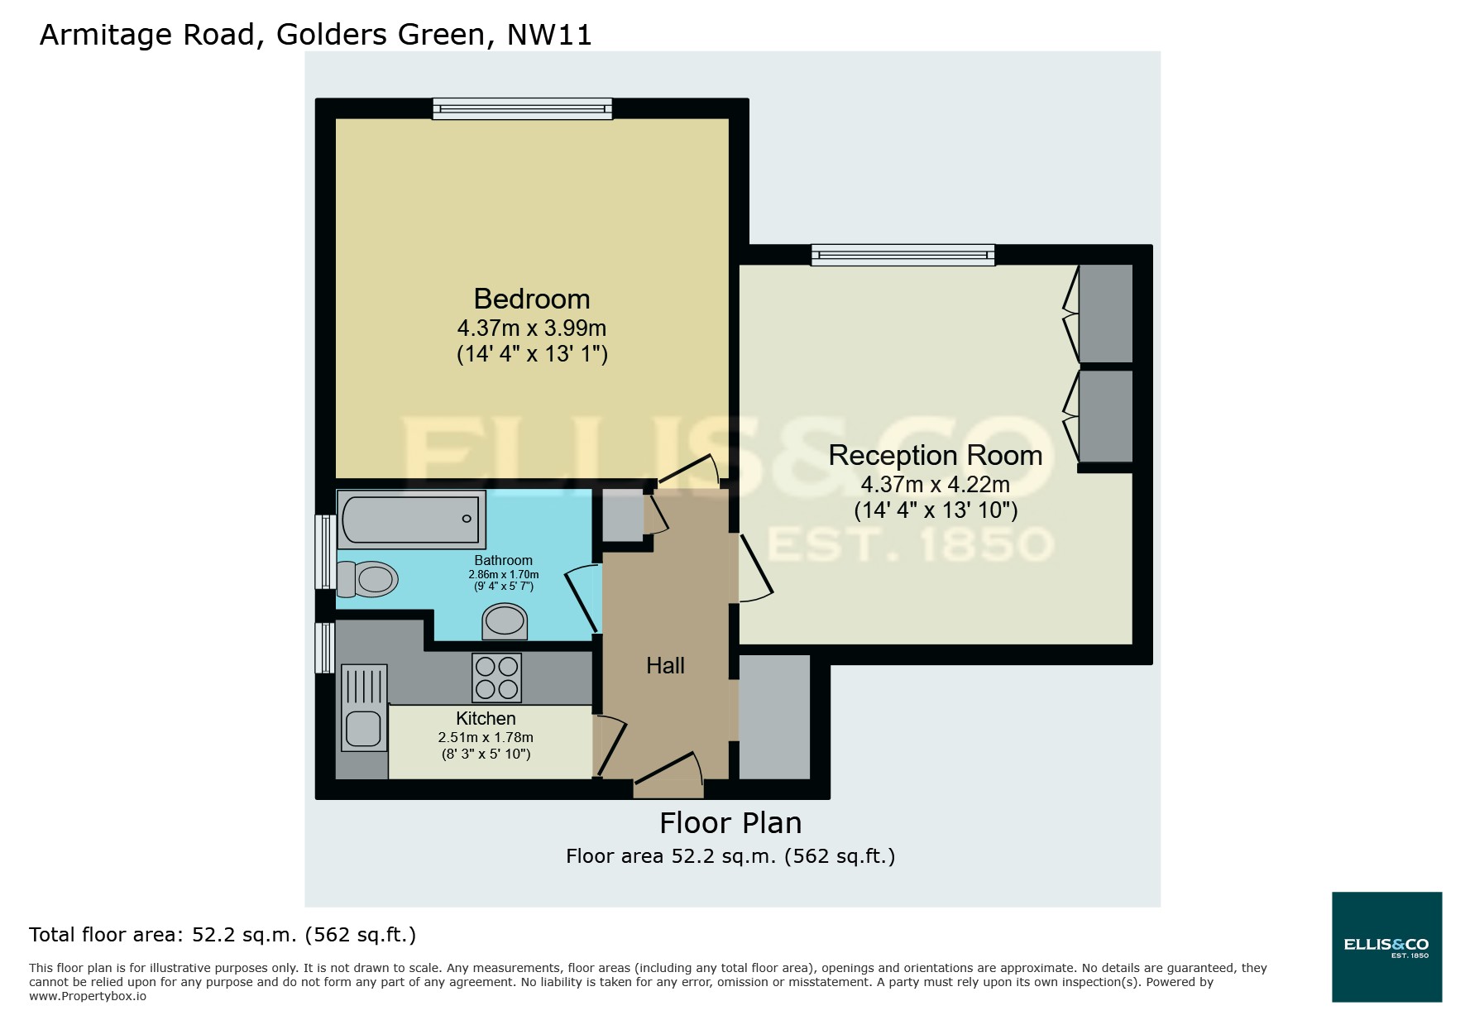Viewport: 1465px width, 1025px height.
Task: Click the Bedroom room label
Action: [531, 299]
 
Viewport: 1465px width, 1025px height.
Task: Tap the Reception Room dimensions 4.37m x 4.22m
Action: [935, 484]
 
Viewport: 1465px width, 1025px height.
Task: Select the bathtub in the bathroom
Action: [411, 520]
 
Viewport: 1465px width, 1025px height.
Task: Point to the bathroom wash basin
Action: [505, 621]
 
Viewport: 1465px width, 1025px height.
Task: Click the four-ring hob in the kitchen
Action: [496, 678]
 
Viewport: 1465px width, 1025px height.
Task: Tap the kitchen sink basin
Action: [362, 729]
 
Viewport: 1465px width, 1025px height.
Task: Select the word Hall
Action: [665, 665]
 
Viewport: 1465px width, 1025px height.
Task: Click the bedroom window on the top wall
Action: [522, 108]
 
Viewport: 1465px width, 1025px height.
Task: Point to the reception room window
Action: [902, 255]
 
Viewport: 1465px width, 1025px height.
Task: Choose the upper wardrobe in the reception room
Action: [1105, 313]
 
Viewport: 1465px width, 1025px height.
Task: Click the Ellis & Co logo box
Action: [1386, 946]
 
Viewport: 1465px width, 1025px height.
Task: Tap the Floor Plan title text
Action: [730, 823]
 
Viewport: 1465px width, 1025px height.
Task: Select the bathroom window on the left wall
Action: [325, 552]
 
